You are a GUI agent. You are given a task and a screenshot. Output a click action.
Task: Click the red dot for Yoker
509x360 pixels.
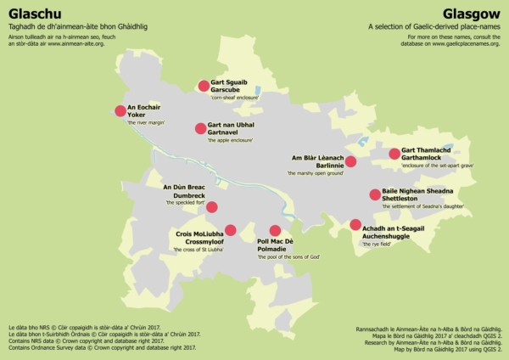120,110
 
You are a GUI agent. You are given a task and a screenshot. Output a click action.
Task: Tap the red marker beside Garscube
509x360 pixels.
204,85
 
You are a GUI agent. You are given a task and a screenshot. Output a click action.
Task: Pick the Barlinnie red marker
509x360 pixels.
350,161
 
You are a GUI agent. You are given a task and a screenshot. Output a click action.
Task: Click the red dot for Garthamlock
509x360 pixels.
394,154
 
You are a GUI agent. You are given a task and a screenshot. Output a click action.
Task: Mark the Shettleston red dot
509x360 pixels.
375,194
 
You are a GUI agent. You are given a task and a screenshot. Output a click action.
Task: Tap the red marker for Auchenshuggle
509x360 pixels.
355,225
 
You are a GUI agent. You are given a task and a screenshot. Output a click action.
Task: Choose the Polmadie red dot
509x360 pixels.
274,230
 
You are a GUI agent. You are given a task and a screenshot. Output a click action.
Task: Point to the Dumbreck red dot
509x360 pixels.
212,206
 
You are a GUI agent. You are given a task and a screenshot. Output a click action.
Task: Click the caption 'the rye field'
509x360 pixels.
379,244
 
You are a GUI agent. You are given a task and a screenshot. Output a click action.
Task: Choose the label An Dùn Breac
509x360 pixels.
184,187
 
